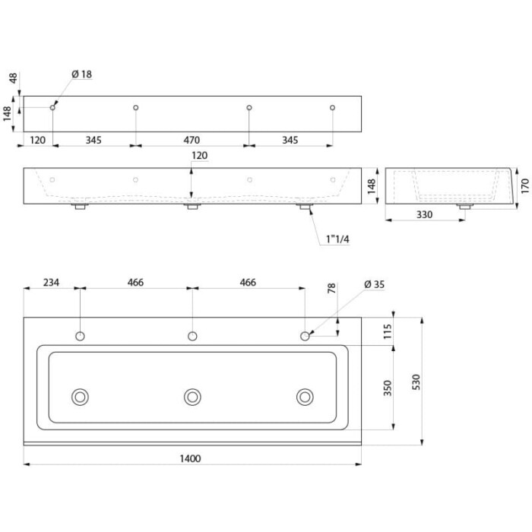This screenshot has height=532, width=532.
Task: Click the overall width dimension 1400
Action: coord(190,459)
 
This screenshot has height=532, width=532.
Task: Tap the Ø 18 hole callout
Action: coord(82,74)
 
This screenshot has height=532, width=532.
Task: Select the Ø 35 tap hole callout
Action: coord(374,284)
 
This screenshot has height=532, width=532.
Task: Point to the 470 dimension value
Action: coord(192,140)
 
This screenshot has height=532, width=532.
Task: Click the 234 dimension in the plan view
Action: coord(51,282)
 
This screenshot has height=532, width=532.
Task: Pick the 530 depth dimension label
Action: coord(416,382)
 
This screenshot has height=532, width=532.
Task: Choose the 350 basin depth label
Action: coord(387,388)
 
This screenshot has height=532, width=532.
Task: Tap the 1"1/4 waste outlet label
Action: coord(337,239)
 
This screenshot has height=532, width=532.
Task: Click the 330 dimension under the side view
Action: coord(424,214)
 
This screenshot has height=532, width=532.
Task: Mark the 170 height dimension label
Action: coord(524,186)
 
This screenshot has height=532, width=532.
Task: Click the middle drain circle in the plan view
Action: coord(192,397)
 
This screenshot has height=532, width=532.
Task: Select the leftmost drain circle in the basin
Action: coord(80,397)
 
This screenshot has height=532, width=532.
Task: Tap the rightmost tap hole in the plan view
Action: coord(305,336)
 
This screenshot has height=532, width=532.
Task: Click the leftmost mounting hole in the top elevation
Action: coord(52,108)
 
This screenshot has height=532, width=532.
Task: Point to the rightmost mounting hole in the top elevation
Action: coord(333,108)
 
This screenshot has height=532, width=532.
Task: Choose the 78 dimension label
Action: coord(331,288)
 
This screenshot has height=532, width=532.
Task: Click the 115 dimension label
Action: coord(387,331)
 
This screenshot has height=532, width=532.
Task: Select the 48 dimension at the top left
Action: coord(13,78)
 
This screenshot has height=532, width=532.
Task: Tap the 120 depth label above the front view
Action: coord(199,155)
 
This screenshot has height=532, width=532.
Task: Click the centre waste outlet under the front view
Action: coord(192,206)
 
